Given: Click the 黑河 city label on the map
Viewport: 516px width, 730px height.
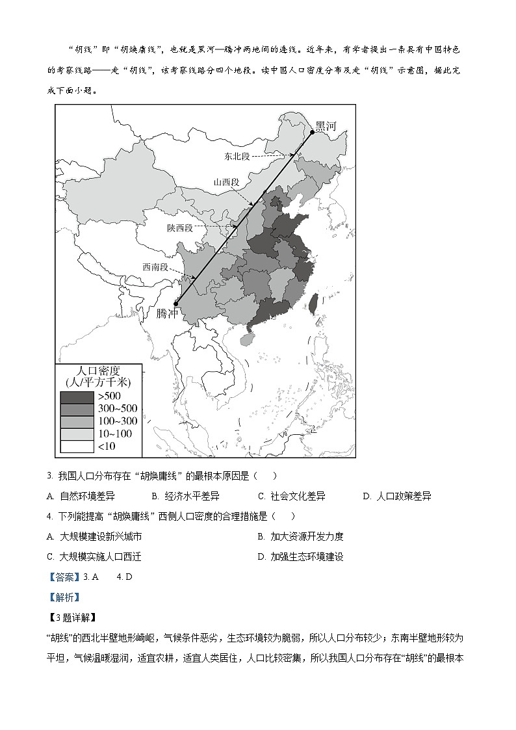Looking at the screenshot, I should (x=325, y=126).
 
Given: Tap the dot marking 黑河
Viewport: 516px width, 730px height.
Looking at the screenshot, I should (x=312, y=132).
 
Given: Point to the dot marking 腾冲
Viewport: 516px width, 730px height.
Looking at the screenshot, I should (x=176, y=302).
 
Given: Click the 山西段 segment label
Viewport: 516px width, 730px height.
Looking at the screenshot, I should (x=227, y=183).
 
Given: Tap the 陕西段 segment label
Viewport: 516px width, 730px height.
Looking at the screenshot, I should (x=180, y=228).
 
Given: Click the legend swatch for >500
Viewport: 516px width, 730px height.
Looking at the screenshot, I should (x=77, y=397).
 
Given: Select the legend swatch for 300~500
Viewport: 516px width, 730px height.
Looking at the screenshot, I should (x=77, y=409).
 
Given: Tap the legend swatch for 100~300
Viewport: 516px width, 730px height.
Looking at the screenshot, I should (x=77, y=421).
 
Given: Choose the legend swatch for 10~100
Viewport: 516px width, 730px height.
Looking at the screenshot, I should (x=77, y=434).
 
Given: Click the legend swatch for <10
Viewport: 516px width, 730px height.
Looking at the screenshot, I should (x=77, y=446).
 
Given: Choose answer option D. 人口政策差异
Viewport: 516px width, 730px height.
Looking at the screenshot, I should (x=397, y=496).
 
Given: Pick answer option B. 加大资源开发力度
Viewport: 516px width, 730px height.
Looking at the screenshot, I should (x=300, y=536).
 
